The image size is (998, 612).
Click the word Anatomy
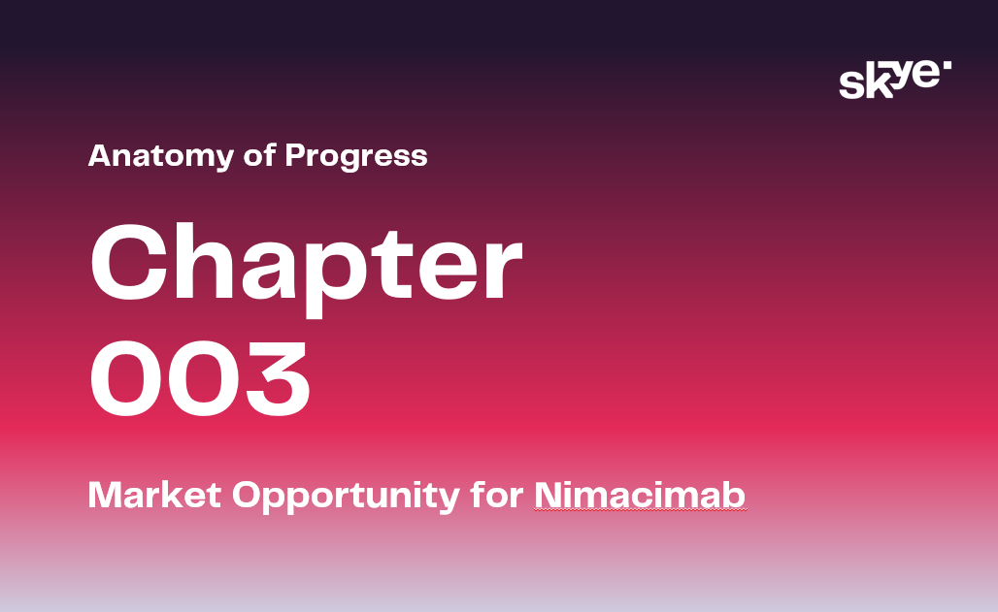click(161, 156)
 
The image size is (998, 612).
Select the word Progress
click(356, 156)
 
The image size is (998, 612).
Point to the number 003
click(201, 377)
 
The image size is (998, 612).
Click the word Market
click(154, 495)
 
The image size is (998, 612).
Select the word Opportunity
click(346, 497)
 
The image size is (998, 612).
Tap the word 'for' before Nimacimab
click(497, 494)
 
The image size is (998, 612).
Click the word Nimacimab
click(640, 495)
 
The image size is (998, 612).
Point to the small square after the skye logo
click(948, 65)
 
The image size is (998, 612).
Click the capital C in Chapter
click(130, 262)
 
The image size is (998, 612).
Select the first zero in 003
click(126, 378)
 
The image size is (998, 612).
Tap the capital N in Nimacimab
click(548, 495)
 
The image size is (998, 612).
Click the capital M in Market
click(104, 495)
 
